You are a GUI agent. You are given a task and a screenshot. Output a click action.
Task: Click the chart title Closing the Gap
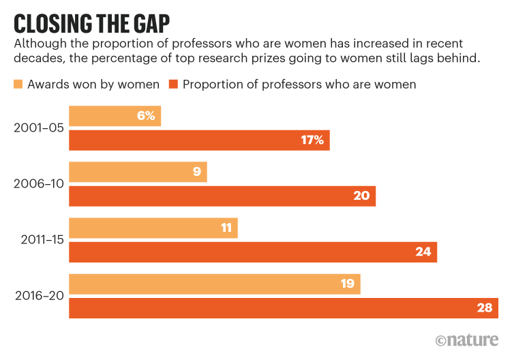(x=92, y=22)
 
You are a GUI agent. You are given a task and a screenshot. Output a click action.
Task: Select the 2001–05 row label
(x=37, y=127)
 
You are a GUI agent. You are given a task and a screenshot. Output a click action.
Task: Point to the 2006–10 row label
(x=37, y=184)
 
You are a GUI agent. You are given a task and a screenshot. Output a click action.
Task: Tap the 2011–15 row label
(x=37, y=240)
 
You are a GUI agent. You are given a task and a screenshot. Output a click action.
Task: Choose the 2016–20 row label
(x=37, y=296)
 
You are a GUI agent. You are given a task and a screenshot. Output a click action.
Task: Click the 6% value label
(x=145, y=116)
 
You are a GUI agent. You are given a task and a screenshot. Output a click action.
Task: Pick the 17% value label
(x=314, y=140)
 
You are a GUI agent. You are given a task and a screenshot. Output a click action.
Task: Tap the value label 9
(x=197, y=172)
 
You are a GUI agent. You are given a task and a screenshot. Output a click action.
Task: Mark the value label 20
(x=361, y=196)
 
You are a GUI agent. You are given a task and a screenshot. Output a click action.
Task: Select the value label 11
(x=227, y=228)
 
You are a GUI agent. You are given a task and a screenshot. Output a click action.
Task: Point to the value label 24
(x=423, y=252)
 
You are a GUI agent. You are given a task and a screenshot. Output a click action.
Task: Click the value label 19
(x=347, y=284)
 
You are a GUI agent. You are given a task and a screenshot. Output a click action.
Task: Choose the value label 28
(x=484, y=308)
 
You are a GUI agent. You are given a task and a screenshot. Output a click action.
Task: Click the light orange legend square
(x=18, y=85)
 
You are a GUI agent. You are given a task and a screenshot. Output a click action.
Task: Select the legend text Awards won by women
(x=93, y=85)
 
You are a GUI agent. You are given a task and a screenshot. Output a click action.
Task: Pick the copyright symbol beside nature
(x=442, y=340)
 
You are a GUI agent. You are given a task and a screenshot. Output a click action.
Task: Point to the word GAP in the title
(x=147, y=22)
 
